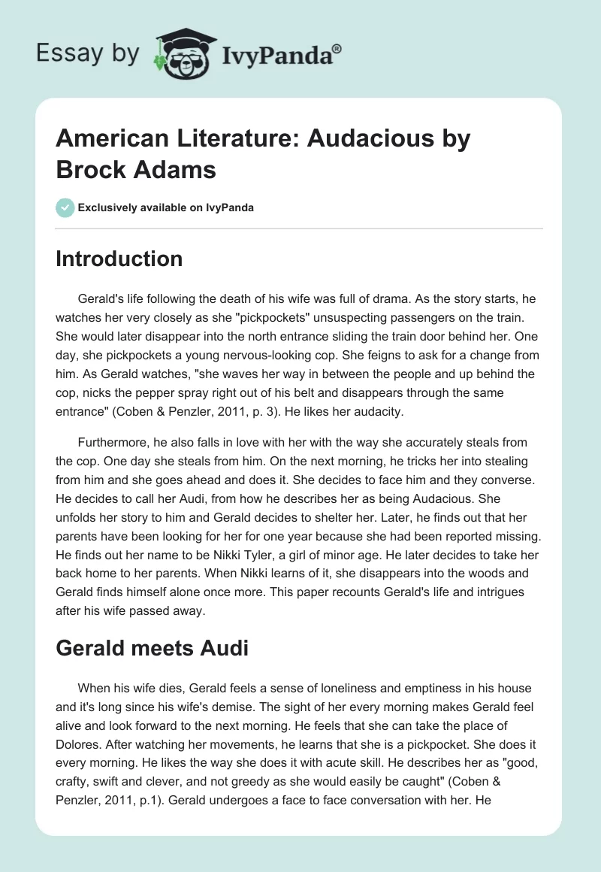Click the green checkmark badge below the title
66,207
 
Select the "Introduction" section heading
119,259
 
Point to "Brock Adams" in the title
136,169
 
